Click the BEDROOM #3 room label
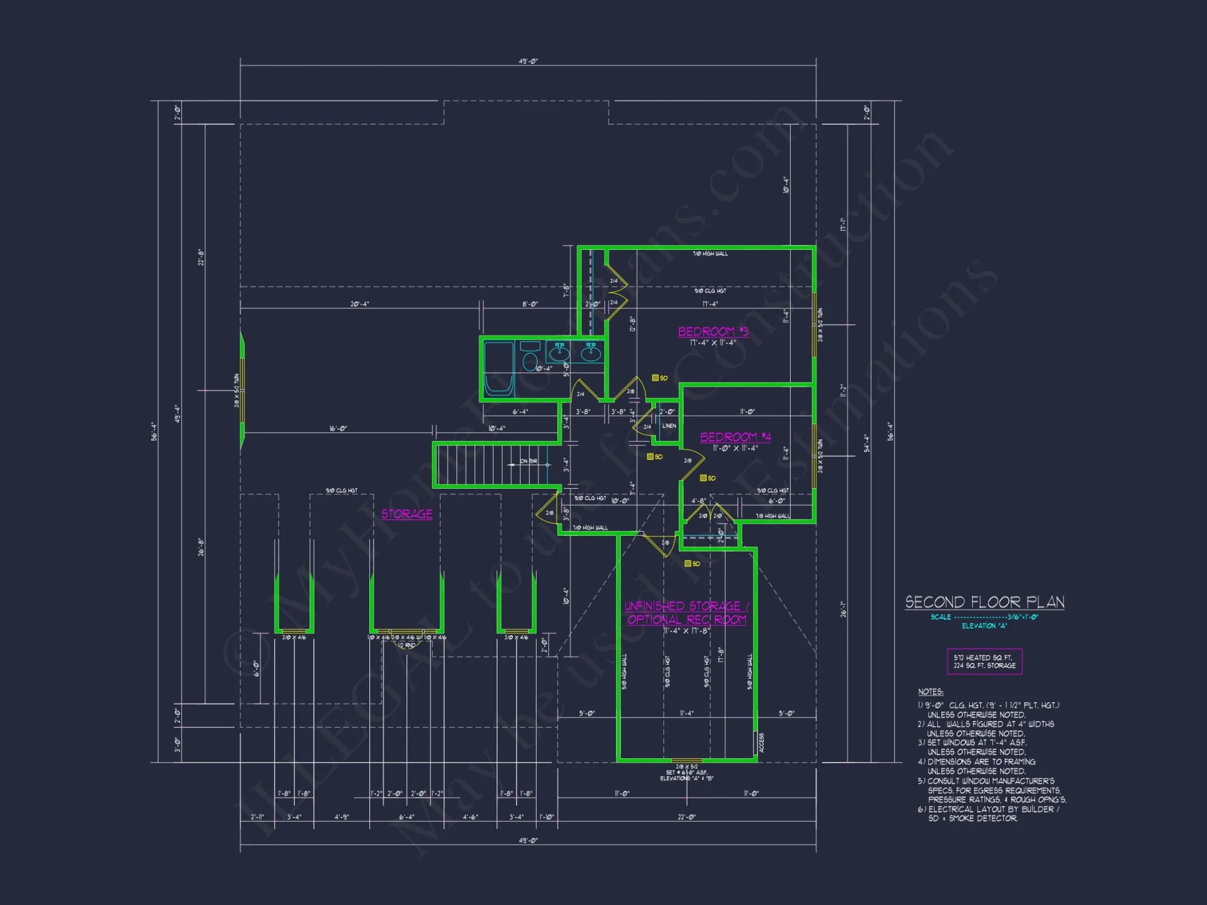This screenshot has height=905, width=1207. pyautogui.click(x=713, y=332)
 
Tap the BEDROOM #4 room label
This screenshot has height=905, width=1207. pyautogui.click(x=735, y=437)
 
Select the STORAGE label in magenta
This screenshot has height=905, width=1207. pyautogui.click(x=406, y=514)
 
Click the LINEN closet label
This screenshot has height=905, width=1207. pyautogui.click(x=669, y=426)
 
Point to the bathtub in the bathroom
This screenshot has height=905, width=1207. pyautogui.click(x=499, y=368)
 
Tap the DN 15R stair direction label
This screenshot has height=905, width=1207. pyautogui.click(x=528, y=461)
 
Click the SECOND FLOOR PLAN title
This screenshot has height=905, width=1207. pyautogui.click(x=984, y=602)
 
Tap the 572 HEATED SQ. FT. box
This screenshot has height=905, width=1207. pyautogui.click(x=984, y=661)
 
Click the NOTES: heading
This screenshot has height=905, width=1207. pyautogui.click(x=931, y=692)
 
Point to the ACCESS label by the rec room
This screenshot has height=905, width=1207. pyautogui.click(x=761, y=743)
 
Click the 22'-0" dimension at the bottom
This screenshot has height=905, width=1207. pyautogui.click(x=686, y=817)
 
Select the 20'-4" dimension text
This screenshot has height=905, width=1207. pyautogui.click(x=360, y=304)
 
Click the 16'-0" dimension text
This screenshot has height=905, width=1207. pyautogui.click(x=338, y=429)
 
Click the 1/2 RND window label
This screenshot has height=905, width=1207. pyautogui.click(x=406, y=646)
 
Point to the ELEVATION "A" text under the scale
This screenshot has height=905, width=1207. pyautogui.click(x=984, y=626)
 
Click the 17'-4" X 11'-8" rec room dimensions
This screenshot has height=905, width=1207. pyautogui.click(x=686, y=631)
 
